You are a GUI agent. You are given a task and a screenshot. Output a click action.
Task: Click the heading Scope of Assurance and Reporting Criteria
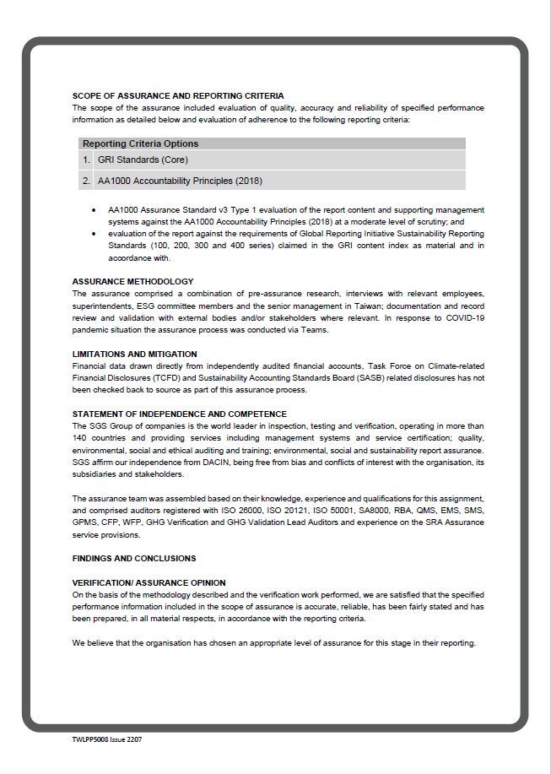[177, 96]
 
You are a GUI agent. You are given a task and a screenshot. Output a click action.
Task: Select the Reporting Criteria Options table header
[140, 143]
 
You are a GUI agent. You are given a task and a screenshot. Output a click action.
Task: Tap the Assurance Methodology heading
[132, 281]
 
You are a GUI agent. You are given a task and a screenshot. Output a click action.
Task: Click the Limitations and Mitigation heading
[134, 354]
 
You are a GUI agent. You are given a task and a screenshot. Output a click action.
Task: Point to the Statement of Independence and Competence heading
[179, 414]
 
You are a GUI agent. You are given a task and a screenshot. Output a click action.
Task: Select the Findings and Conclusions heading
[133, 559]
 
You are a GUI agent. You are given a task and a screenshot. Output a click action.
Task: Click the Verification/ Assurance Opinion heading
[149, 583]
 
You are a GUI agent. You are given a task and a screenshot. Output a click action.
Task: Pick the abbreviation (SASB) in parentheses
[368, 378]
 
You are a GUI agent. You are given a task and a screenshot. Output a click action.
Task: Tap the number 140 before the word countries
[80, 439]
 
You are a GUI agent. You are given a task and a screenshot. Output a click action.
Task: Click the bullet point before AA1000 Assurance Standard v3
[93, 209]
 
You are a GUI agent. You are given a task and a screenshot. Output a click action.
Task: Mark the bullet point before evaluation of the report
[93, 234]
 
